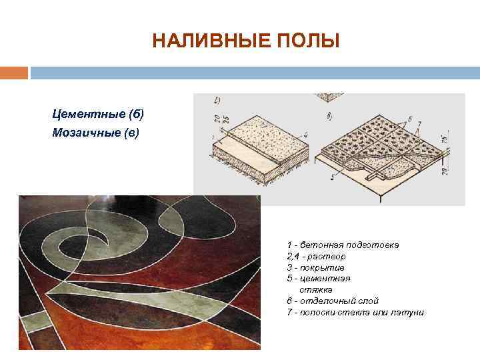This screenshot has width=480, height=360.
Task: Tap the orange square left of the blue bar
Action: click(14, 72)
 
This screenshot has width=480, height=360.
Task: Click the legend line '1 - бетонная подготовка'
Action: click(343, 245)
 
